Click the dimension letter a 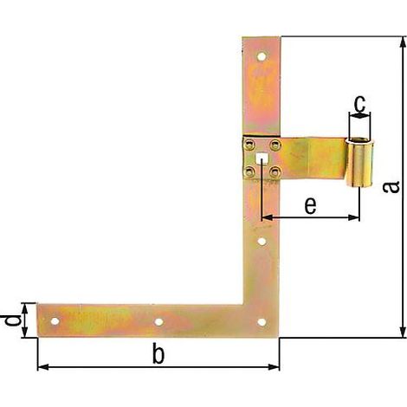click(391, 187)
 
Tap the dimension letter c click(359, 104)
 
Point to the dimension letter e click(310, 205)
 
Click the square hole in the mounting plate click(262, 158)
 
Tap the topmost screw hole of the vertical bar click(262, 56)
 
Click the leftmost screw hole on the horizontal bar click(55, 321)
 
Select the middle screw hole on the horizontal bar click(158, 322)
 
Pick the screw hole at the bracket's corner click(262, 322)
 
